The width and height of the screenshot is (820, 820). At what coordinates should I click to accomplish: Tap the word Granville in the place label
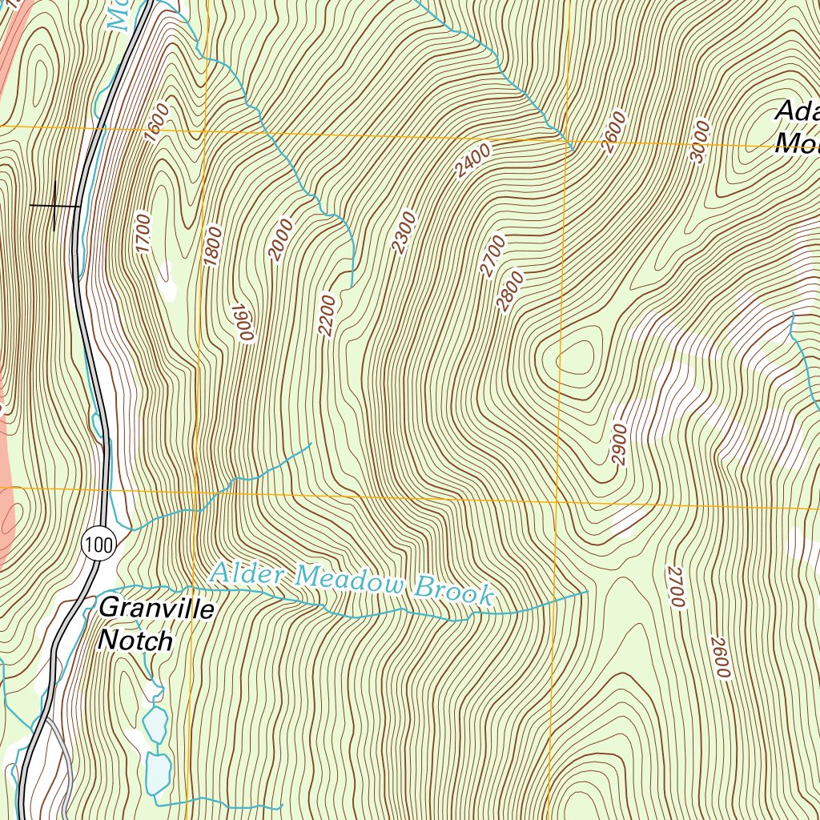click(x=157, y=609)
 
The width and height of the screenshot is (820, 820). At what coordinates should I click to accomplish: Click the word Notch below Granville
click(x=135, y=641)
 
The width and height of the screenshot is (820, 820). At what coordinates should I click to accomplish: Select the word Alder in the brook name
click(x=247, y=573)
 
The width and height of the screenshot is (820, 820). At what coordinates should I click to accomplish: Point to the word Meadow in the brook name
click(x=350, y=581)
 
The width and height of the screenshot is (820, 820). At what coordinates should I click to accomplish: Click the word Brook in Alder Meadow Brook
click(x=453, y=592)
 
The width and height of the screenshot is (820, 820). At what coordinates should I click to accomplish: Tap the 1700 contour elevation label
click(x=143, y=233)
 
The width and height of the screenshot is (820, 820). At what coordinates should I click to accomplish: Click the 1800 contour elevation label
click(x=212, y=246)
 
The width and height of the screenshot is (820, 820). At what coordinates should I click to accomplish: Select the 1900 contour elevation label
click(x=243, y=322)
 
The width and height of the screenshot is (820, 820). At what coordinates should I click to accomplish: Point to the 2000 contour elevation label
click(x=281, y=239)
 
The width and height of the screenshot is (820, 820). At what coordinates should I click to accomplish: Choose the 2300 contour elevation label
click(x=404, y=232)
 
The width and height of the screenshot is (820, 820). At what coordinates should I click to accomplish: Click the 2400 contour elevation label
click(x=472, y=161)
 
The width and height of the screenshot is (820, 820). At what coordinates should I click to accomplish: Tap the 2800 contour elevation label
click(x=509, y=291)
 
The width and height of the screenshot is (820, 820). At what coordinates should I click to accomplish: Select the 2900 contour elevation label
click(x=619, y=444)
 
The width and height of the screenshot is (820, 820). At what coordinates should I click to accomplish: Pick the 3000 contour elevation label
click(x=700, y=142)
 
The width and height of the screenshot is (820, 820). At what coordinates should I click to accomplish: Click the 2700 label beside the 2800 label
click(x=492, y=255)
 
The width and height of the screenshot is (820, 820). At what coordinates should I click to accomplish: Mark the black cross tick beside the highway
click(x=54, y=206)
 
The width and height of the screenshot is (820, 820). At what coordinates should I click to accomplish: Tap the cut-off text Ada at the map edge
click(x=798, y=111)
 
